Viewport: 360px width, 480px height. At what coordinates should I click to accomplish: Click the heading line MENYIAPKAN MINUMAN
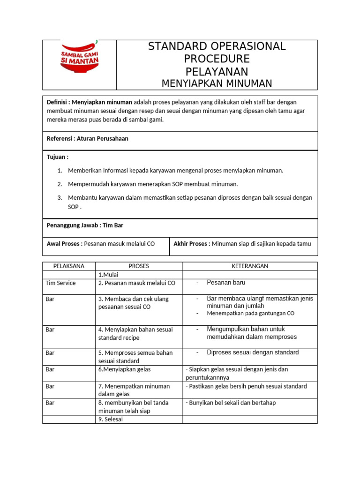pyautogui.click(x=217, y=83)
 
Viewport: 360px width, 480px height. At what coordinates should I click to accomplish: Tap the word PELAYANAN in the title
pyautogui.click(x=217, y=72)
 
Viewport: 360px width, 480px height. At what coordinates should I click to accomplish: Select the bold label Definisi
pyautogui.click(x=58, y=102)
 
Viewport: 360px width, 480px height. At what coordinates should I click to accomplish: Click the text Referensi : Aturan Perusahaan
pyautogui.click(x=87, y=139)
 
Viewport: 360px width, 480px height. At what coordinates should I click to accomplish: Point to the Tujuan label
pyautogui.click(x=57, y=157)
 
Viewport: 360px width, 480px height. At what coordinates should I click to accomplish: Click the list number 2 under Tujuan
pyautogui.click(x=60, y=184)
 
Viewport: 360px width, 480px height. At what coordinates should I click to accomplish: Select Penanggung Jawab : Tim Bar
pyautogui.click(x=85, y=225)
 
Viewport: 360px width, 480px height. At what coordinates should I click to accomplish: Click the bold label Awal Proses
pyautogui.click(x=64, y=244)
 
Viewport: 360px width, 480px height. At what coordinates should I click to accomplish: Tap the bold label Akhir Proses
pyautogui.click(x=192, y=244)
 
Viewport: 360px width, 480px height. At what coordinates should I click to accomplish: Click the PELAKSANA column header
pyautogui.click(x=69, y=266)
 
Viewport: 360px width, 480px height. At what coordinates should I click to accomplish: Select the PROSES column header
pyautogui.click(x=138, y=266)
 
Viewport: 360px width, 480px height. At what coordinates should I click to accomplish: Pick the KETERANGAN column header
pyautogui.click(x=250, y=266)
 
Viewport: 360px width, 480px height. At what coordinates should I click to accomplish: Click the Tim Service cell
pyautogui.click(x=60, y=283)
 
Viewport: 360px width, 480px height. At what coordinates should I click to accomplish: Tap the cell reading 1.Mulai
pyautogui.click(x=109, y=275)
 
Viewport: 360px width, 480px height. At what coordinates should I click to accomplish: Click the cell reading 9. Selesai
pyautogui.click(x=110, y=420)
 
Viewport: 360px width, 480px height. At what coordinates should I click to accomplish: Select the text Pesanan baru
pyautogui.click(x=226, y=283)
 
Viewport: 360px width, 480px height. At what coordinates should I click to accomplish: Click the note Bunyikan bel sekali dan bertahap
pyautogui.click(x=230, y=403)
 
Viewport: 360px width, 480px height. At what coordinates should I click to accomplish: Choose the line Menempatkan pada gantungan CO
pyautogui.click(x=250, y=313)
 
